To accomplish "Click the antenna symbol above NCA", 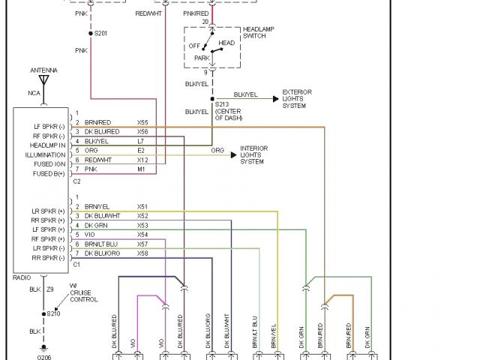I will pyautogui.click(x=43, y=78).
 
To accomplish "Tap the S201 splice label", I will pyautogui.click(x=99, y=34).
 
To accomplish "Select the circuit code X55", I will pyautogui.click(x=142, y=121).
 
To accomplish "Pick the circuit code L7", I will pyautogui.click(x=140, y=141).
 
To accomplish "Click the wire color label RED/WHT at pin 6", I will pyautogui.click(x=97, y=160).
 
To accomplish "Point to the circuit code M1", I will pyautogui.click(x=141, y=170).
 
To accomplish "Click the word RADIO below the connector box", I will pyautogui.click(x=22, y=277).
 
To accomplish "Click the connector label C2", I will pyautogui.click(x=76, y=181).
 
